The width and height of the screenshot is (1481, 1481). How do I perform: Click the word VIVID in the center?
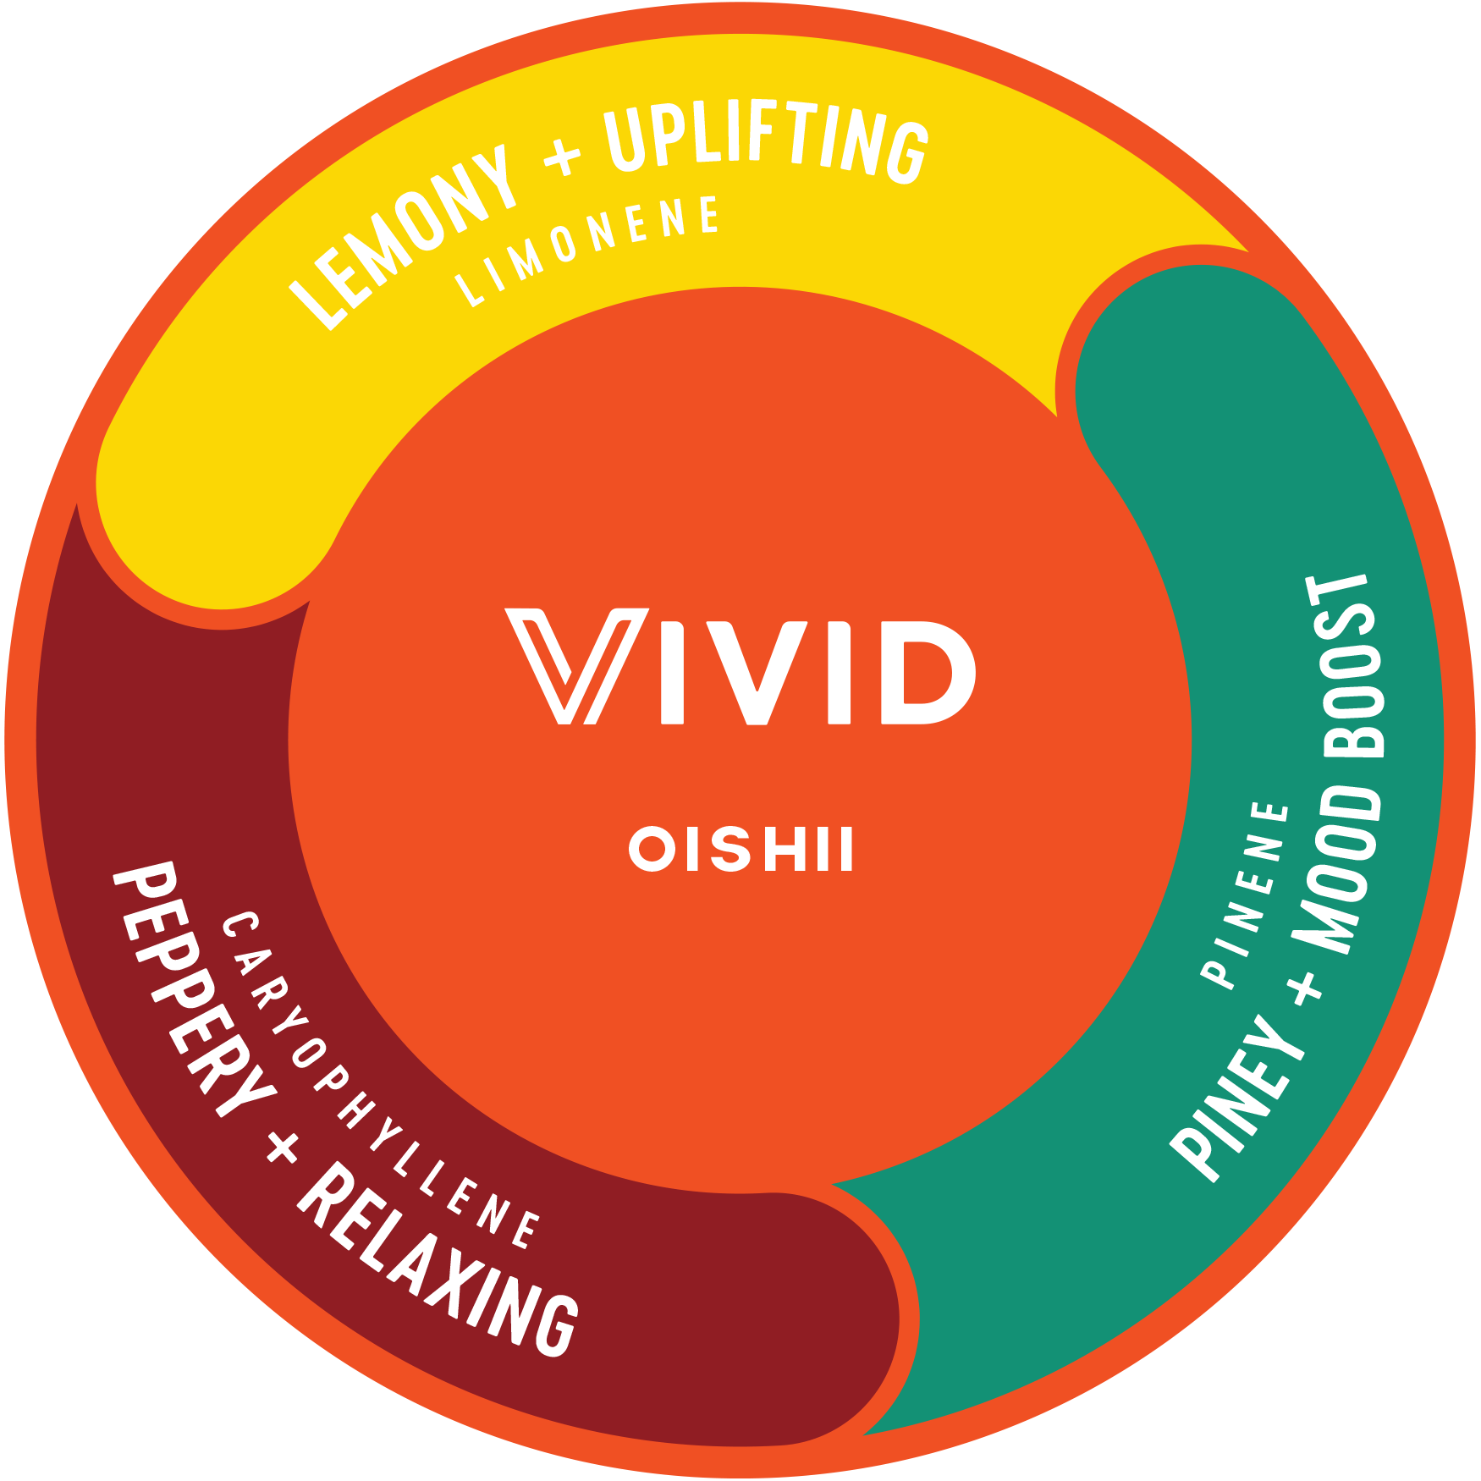(741, 667)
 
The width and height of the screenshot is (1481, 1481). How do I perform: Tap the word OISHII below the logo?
(741, 849)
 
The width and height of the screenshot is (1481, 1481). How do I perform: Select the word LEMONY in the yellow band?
(404, 237)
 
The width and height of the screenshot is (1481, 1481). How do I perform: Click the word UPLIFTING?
(766, 144)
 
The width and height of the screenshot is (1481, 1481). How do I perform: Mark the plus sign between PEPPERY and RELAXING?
(282, 1148)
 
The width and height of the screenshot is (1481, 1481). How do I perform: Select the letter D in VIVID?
(927, 673)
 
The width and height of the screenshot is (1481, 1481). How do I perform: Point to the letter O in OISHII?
(652, 849)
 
